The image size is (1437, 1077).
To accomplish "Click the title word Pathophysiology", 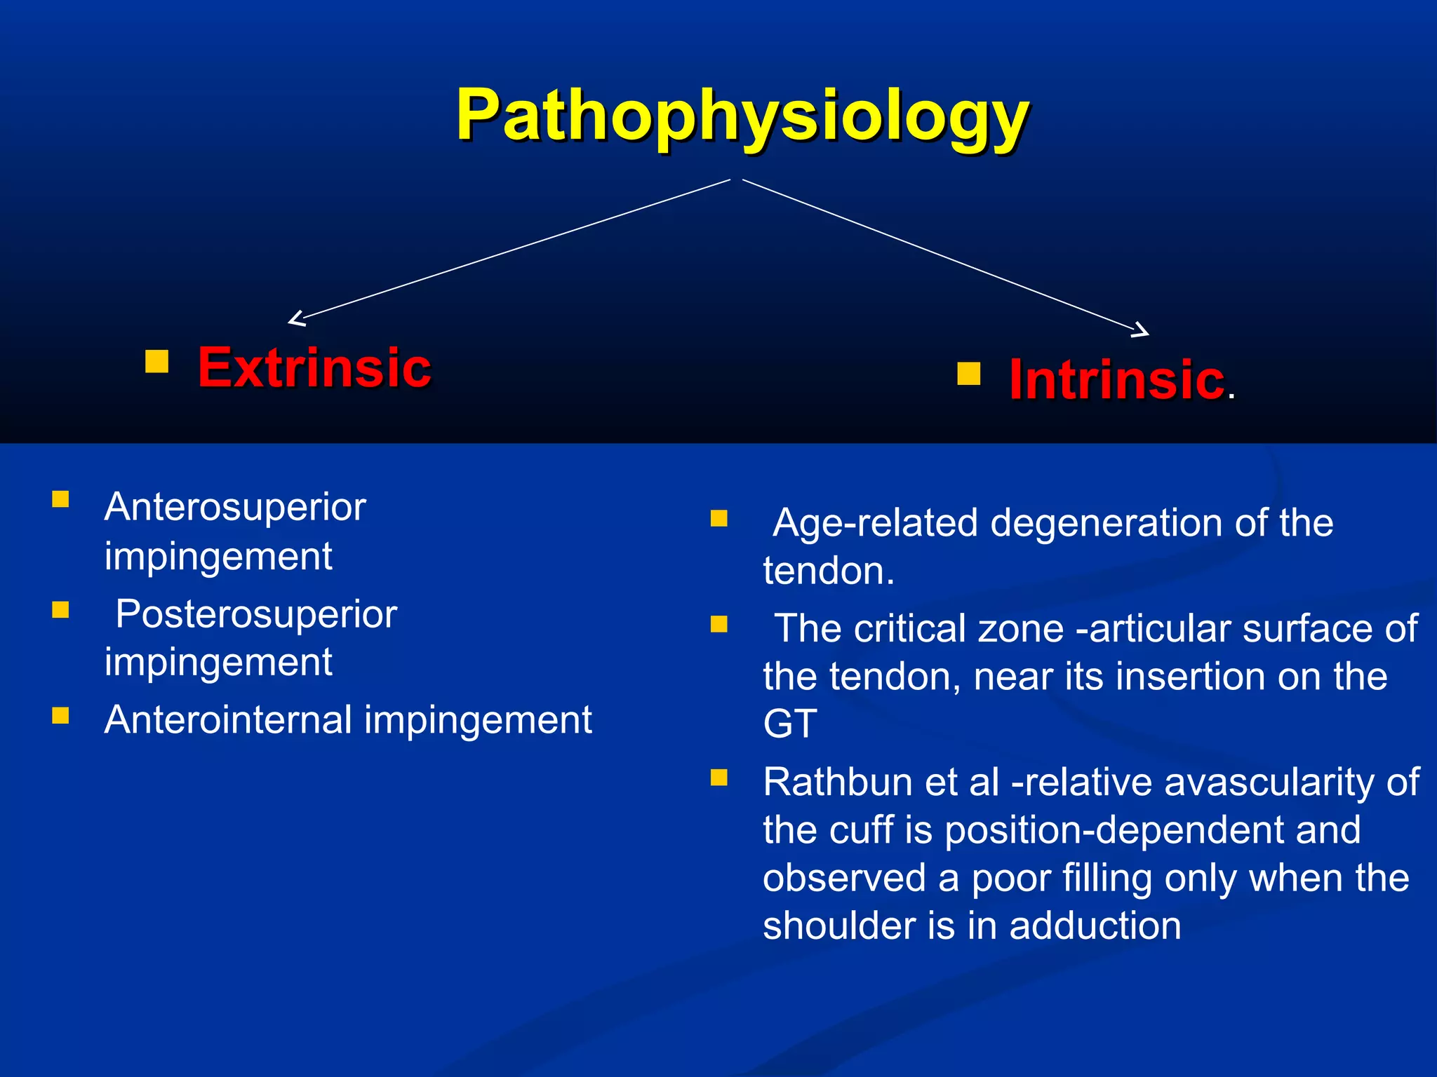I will pos(742,116).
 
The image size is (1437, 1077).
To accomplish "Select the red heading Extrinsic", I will pos(314,367).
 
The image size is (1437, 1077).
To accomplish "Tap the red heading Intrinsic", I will pos(1117,379).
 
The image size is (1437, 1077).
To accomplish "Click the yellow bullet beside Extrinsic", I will pos(157,361).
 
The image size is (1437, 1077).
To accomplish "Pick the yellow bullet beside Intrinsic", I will pos(968,373).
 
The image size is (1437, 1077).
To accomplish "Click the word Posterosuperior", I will pos(256,614).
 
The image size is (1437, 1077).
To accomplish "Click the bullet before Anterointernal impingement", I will pos(60,715).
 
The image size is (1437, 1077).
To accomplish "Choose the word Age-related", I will pos(875,523).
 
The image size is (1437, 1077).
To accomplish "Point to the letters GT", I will pos(790,724).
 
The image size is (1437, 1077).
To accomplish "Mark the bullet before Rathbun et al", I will pos(718,777).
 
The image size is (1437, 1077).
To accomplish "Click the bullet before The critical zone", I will pos(718,624).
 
